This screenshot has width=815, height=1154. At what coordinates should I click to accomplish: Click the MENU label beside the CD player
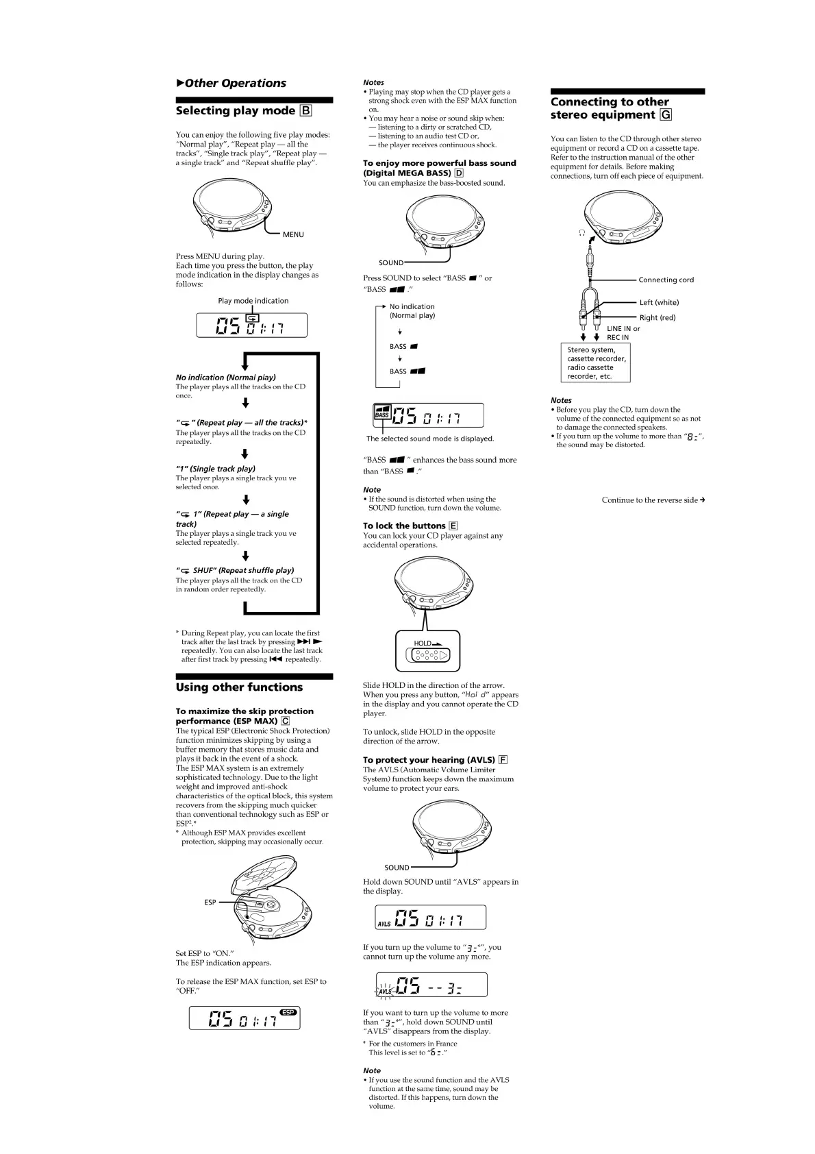pyautogui.click(x=293, y=235)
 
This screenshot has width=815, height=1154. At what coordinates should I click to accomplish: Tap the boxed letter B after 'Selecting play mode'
pyautogui.click(x=305, y=111)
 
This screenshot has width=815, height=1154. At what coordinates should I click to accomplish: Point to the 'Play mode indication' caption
pyautogui.click(x=253, y=301)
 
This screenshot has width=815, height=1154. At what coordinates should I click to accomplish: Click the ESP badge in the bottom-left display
pyautogui.click(x=288, y=1012)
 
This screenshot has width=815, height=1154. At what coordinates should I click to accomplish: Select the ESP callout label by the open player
pyautogui.click(x=210, y=903)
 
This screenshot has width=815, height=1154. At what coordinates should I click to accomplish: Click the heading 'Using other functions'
pyautogui.click(x=239, y=687)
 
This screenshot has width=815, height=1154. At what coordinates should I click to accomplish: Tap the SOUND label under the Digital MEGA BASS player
pyautogui.click(x=391, y=263)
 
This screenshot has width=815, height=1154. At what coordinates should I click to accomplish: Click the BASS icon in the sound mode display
pyautogui.click(x=381, y=412)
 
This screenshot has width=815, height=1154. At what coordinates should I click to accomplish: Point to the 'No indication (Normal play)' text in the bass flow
pyautogui.click(x=412, y=311)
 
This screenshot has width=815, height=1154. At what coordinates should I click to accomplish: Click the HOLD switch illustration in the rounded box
pyautogui.click(x=429, y=655)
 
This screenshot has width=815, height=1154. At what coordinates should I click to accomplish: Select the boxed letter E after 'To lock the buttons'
pyautogui.click(x=453, y=526)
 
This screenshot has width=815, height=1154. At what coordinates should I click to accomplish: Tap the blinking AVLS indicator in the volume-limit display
pyautogui.click(x=386, y=991)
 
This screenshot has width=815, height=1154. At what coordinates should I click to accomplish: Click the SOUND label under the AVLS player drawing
pyautogui.click(x=397, y=868)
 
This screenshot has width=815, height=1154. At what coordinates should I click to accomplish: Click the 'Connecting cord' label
pyautogui.click(x=666, y=280)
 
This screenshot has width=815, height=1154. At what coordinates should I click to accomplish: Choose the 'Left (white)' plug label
pyautogui.click(x=659, y=303)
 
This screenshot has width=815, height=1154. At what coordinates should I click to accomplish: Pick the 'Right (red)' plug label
pyautogui.click(x=657, y=318)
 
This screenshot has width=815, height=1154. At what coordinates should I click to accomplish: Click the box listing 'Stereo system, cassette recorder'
pyautogui.click(x=596, y=363)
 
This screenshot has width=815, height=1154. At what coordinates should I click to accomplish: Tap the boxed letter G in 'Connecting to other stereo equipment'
pyautogui.click(x=666, y=115)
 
